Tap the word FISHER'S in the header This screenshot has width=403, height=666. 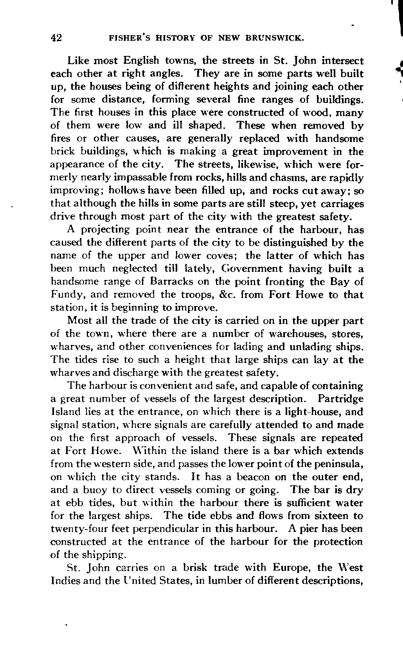coord(127,38)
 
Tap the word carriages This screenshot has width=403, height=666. coord(339,203)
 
